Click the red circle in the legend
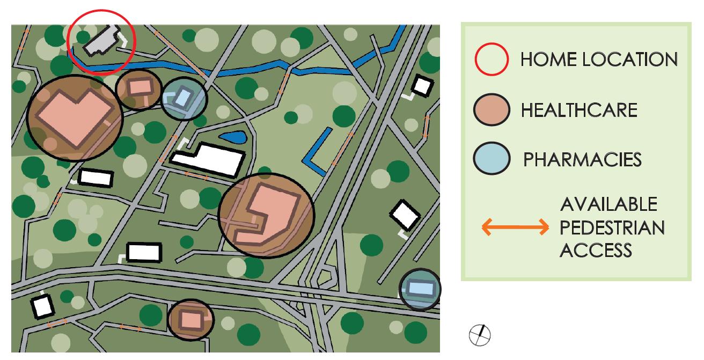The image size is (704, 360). (490, 59)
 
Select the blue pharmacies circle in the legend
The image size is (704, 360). (490, 158)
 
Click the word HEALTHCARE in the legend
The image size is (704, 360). (579, 110)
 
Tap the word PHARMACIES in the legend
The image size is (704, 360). (582, 159)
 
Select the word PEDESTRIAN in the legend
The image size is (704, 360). (611, 227)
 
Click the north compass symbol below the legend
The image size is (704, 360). (480, 335)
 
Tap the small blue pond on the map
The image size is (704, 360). (232, 137)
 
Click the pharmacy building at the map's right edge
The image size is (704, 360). (420, 289)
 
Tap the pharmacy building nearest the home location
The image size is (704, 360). (184, 98)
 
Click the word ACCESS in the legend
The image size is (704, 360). (595, 250)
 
